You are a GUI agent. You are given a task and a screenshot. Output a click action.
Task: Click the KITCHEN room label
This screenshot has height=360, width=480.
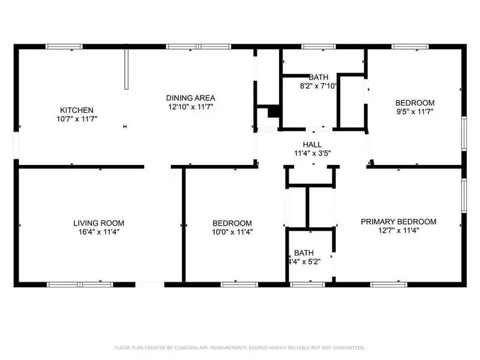tap(77, 110)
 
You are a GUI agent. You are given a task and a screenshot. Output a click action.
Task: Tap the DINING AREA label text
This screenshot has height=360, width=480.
tap(190, 98)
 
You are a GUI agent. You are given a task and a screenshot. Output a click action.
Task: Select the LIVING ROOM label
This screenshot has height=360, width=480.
tap(98, 223)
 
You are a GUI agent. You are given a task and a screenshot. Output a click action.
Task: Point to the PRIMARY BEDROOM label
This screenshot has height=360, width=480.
tap(398, 221)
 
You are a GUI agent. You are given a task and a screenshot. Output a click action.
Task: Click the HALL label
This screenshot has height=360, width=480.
tap(312, 145)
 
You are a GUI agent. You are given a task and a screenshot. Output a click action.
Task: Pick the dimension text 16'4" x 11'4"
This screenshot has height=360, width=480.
tap(98, 232)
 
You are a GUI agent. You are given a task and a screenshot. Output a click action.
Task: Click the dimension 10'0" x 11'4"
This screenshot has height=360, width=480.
tap(232, 232)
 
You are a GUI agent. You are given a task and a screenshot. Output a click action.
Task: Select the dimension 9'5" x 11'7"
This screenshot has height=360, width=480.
tap(415, 112)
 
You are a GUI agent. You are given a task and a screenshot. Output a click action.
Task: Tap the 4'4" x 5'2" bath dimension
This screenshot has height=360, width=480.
tap(304, 262)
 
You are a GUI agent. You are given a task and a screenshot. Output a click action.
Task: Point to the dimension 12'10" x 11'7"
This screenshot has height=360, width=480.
tap(190, 107)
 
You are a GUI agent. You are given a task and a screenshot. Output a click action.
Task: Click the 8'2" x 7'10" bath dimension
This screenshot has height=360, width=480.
tap(319, 86)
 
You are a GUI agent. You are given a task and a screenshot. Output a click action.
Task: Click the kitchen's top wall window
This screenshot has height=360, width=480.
tap(64, 47)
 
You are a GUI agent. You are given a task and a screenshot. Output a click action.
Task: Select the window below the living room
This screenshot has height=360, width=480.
tap(80, 284)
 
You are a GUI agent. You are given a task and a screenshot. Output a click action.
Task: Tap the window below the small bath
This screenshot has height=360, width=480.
tap(307, 284)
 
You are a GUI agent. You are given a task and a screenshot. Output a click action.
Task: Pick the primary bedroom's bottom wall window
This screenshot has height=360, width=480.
tap(389, 284)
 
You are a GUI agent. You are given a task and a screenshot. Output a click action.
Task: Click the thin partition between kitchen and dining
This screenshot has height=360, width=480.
tap(126, 69)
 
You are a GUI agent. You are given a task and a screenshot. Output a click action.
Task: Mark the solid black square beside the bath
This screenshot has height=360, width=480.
tap(274, 111)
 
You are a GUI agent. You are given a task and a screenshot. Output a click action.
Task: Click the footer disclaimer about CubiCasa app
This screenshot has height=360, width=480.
tap(240, 348)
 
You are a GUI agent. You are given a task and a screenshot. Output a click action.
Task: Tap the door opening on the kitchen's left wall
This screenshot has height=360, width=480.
tap(16, 145)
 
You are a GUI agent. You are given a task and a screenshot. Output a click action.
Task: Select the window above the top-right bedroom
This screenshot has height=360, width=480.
tap(410, 47)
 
